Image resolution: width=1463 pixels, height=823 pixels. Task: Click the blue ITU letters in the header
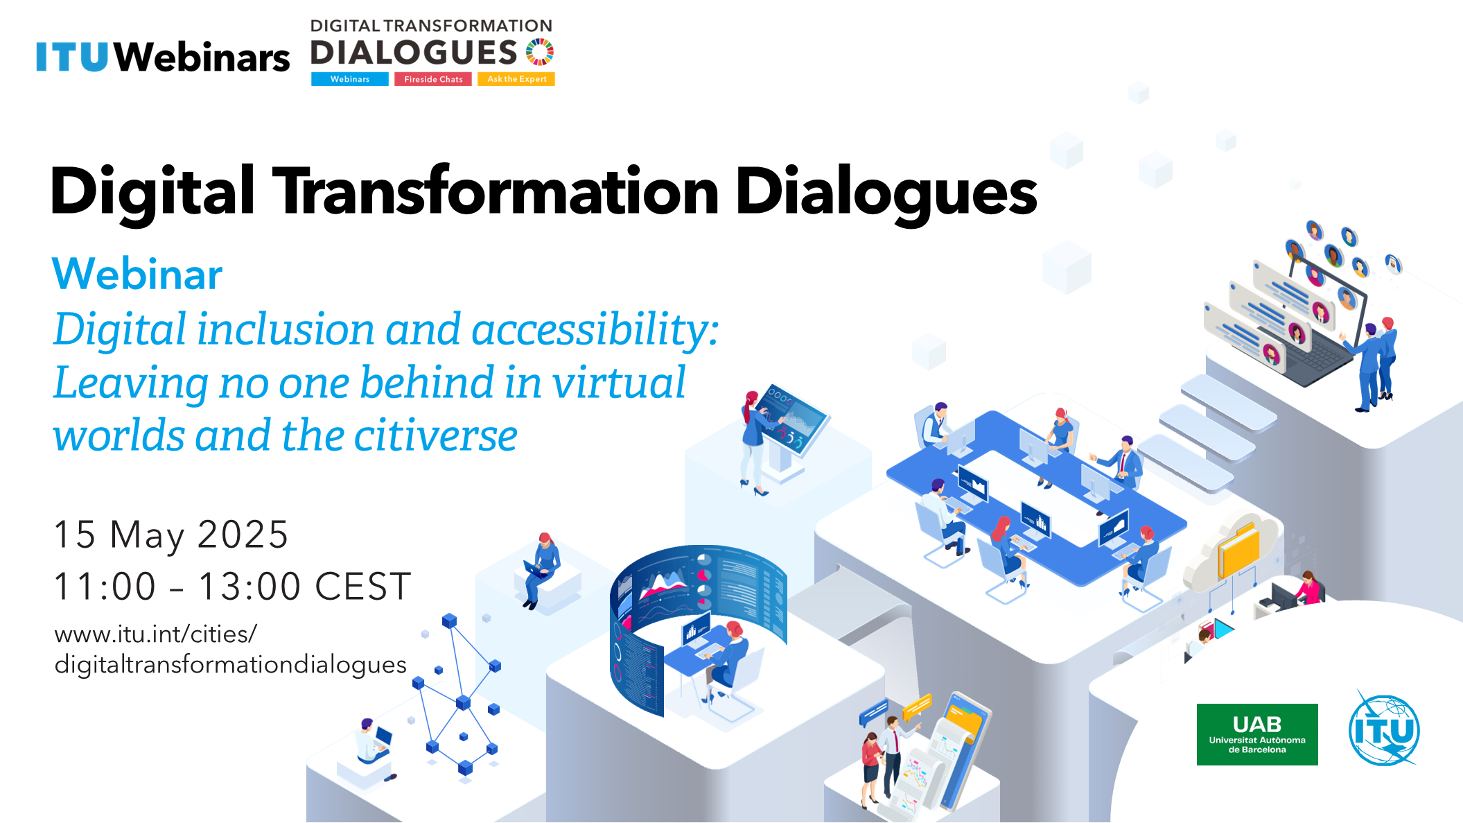72,57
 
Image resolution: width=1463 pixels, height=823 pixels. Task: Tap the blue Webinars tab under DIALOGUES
350,79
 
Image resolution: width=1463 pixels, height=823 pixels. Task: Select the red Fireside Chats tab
433,79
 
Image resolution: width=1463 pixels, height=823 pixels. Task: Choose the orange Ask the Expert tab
516,79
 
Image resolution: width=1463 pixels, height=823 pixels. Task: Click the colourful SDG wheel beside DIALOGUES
539,52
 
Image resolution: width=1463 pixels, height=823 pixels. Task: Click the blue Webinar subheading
137,274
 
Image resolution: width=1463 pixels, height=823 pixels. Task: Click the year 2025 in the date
243,535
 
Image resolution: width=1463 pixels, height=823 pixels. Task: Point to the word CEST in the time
363,587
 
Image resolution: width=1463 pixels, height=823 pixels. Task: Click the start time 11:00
105,587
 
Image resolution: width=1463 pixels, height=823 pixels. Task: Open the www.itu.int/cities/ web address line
156,634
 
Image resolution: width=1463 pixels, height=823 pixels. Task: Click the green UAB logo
1257,734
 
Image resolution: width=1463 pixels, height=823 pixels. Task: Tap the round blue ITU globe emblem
1384,730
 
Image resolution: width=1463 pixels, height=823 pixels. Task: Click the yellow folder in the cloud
1239,551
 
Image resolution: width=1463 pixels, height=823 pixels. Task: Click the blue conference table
1036,496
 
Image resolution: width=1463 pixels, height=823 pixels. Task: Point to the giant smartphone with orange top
960,752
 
